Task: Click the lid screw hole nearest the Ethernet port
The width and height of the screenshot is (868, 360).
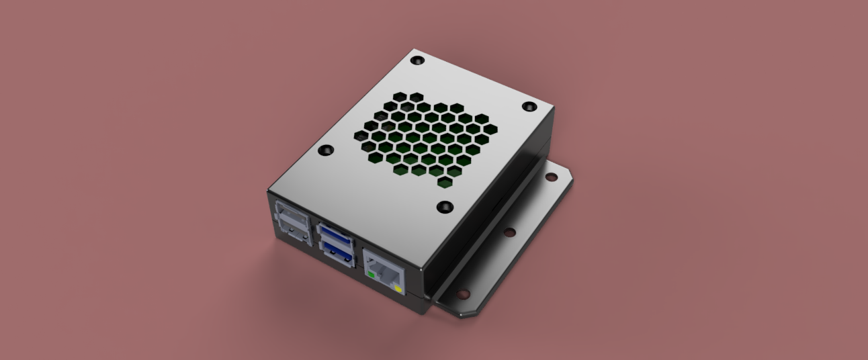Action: [x=444, y=207]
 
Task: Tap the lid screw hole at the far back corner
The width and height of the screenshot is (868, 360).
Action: [x=417, y=60]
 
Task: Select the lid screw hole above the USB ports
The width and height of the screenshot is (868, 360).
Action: [x=325, y=150]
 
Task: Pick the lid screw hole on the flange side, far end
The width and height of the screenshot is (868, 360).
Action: [x=529, y=107]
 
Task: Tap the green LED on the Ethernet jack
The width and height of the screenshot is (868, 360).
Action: [x=371, y=274]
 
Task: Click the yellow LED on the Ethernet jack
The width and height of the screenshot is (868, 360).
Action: [x=398, y=290]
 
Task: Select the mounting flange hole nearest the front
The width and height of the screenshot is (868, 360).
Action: [x=463, y=294]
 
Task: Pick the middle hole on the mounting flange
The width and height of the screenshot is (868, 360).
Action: [x=509, y=232]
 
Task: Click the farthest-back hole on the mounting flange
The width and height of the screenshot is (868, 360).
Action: [x=550, y=177]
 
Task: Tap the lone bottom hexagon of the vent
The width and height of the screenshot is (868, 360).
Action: [x=444, y=181]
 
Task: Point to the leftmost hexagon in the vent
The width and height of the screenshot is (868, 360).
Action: [x=359, y=135]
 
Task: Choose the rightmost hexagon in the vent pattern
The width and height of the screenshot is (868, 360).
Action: [x=490, y=129]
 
